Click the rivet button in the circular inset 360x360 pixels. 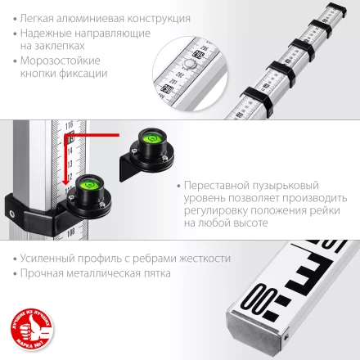tap(190, 62)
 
